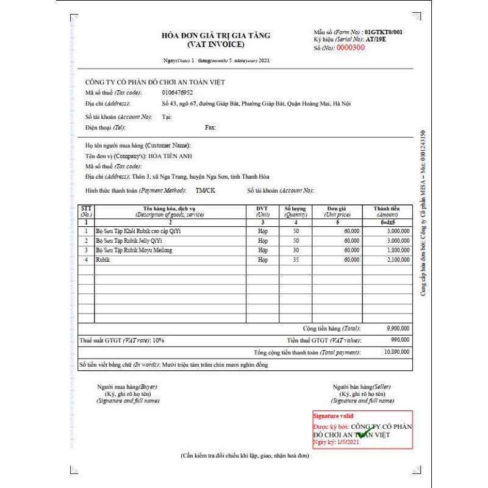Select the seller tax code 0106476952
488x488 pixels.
[178, 92]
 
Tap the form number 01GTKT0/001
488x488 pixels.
[384, 31]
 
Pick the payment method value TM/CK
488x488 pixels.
[205, 190]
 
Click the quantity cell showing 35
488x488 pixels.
[296, 259]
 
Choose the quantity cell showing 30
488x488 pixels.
[296, 250]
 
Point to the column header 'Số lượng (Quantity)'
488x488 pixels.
[296, 212]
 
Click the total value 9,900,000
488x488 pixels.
[398, 328]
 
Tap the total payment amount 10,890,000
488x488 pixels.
[396, 353]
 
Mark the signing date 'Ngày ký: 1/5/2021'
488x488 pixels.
[336, 442]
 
